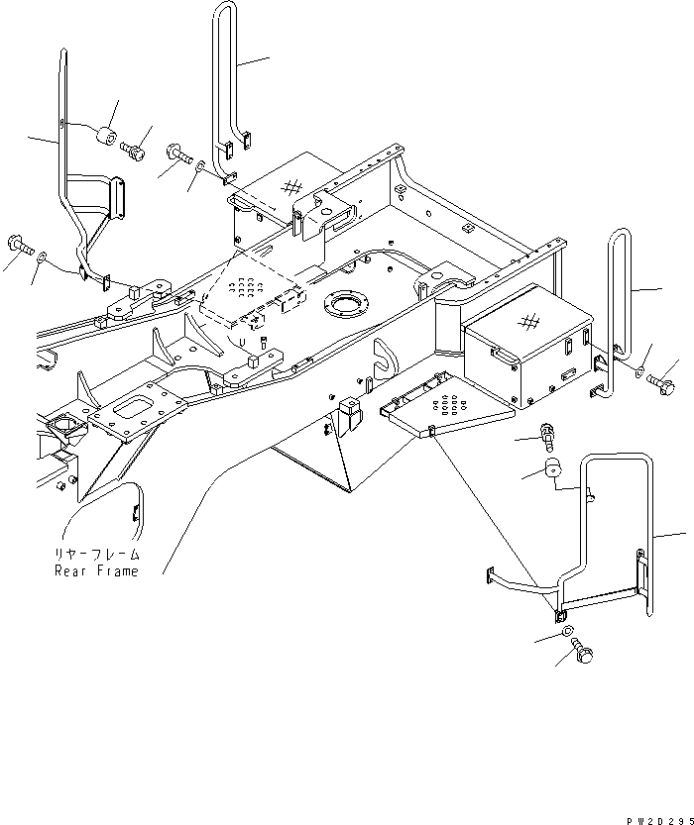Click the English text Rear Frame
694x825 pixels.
pyautogui.click(x=96, y=571)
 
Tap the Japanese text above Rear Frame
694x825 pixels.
pyautogui.click(x=97, y=556)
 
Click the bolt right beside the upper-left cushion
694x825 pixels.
pyautogui.click(x=134, y=152)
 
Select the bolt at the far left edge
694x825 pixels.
pyautogui.click(x=20, y=242)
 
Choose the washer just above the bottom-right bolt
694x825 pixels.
pyautogui.click(x=565, y=632)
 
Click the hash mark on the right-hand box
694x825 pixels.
pyautogui.click(x=530, y=322)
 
